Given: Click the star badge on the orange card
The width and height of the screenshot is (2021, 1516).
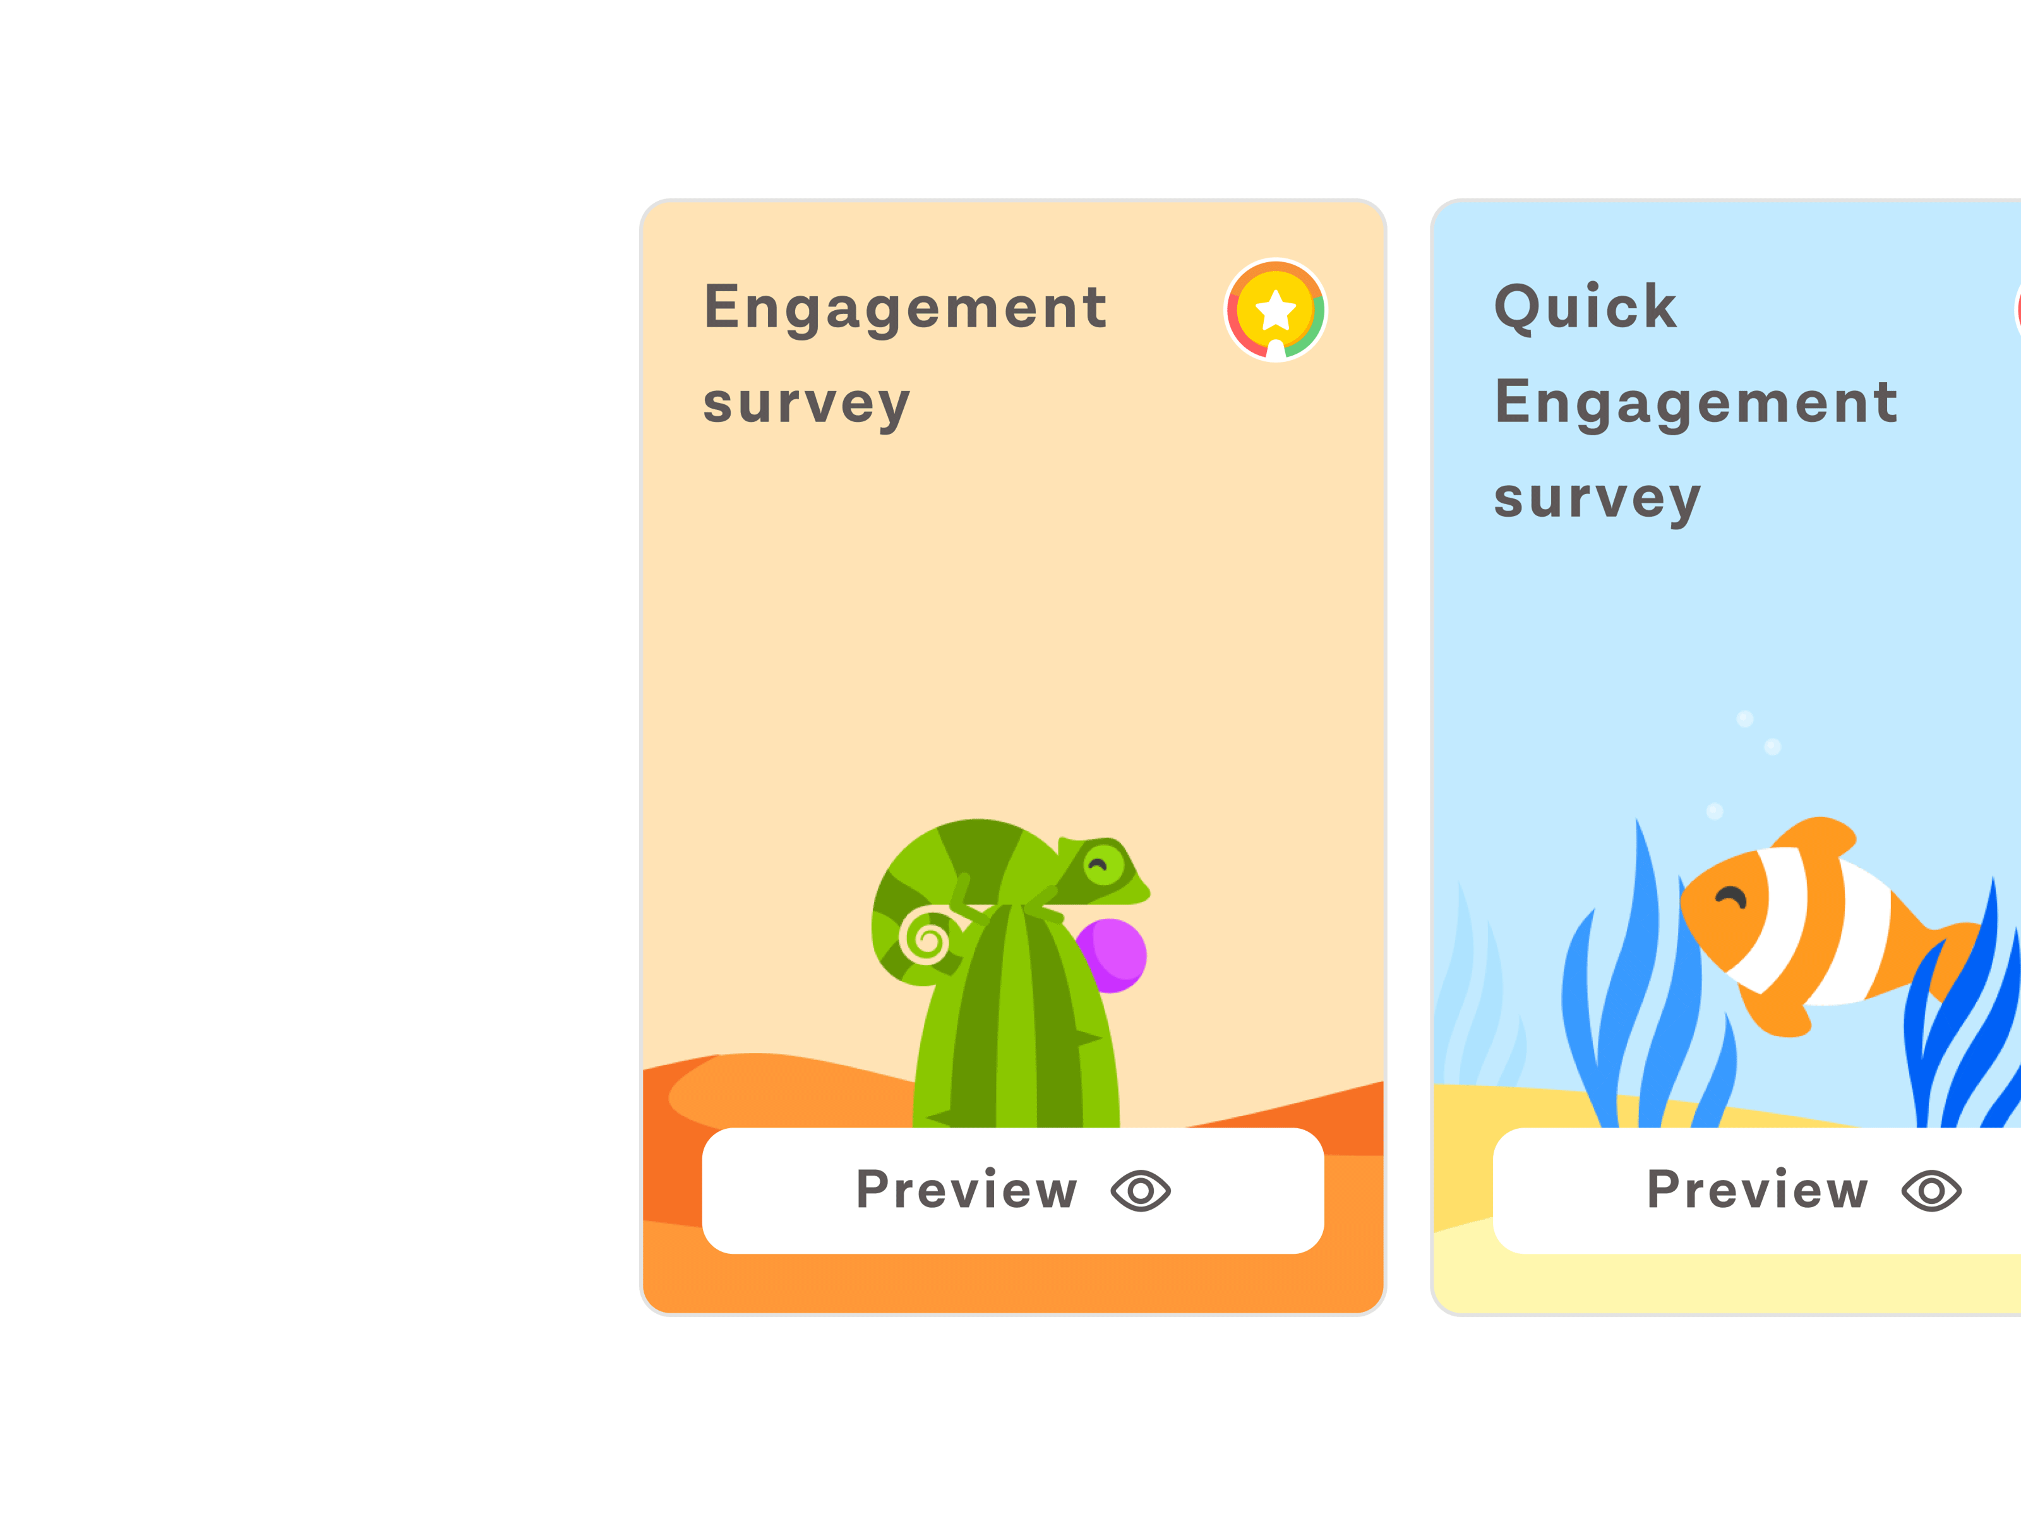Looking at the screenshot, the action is pos(1276,311).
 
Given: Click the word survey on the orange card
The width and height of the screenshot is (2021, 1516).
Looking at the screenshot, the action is pos(807,404).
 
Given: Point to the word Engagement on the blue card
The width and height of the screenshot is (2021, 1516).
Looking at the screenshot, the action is pos(1696,403).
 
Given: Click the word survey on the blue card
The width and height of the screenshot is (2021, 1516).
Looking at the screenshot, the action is pos(1598,499).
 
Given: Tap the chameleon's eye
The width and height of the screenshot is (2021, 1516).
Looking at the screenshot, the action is pos(1103,863).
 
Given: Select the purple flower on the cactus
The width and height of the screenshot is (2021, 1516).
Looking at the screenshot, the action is pos(1113,956).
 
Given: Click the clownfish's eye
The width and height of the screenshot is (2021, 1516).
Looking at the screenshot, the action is pos(1730,898).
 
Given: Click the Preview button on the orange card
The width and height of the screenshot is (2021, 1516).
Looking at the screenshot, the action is pos(1013,1191).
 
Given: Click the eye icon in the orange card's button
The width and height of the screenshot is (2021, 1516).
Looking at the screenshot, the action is pos(1140,1191).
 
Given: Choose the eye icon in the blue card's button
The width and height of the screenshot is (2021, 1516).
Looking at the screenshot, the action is pos(1931,1191).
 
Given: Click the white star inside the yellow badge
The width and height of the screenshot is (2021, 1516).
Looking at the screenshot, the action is pos(1276,310).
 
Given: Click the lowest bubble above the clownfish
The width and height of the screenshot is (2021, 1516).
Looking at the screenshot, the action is pos(1715,812).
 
